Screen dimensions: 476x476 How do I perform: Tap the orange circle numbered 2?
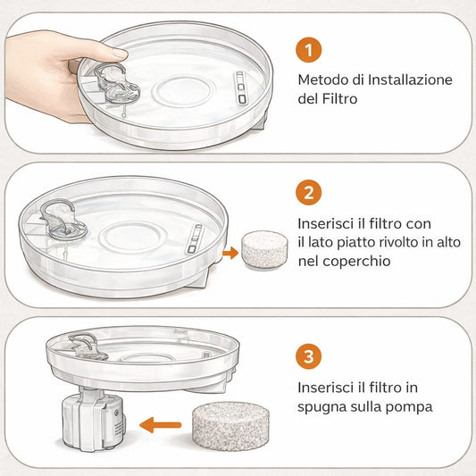pyautogui.click(x=307, y=192)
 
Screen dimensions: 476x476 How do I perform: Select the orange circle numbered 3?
pyautogui.click(x=307, y=357)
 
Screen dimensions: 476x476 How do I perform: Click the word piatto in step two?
pyautogui.click(x=359, y=243)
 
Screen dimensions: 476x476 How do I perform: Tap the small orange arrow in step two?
pyautogui.click(x=230, y=253)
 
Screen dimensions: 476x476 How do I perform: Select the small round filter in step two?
pyautogui.click(x=264, y=250)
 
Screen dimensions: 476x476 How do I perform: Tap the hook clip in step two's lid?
pyautogui.click(x=59, y=217)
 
